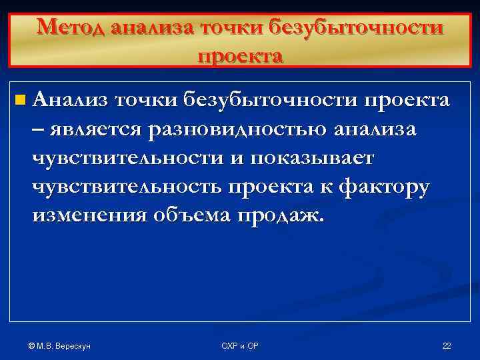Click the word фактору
click(385, 187)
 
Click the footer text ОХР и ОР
click(240, 345)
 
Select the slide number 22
click(447, 345)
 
